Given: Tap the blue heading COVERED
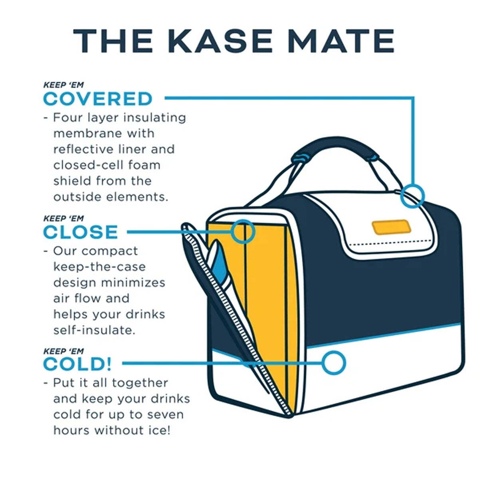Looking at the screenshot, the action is pos(98,99).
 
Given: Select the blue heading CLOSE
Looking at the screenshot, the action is pos(81,232).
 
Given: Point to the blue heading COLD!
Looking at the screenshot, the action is pos(77,364).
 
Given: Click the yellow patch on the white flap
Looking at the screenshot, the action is pos(391,227).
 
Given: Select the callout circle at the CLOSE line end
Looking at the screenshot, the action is pos(243,232).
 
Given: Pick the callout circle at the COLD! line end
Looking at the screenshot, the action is pos(334,363).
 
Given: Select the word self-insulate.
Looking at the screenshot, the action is pos(94,331).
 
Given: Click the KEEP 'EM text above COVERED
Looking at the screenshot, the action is pos(63,85).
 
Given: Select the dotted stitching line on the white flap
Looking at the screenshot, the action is pos(390,243).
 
